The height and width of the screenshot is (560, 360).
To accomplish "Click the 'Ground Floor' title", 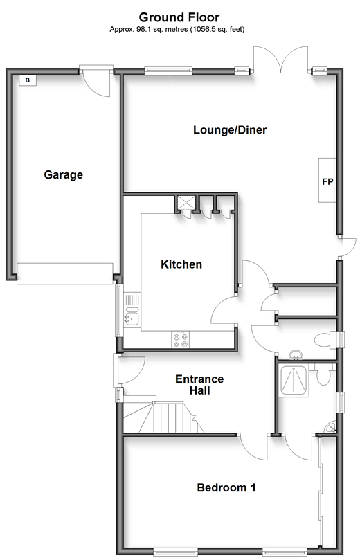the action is coord(179,17).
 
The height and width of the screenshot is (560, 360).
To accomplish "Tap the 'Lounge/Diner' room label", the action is coord(230,129).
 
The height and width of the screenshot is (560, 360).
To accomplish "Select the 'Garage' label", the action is coord(63,174).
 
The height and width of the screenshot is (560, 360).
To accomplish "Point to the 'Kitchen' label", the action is coord(181,264).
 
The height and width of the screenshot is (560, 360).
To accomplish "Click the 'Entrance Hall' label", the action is coord(199,385).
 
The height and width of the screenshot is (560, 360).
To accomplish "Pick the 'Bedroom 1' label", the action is coord(226,487).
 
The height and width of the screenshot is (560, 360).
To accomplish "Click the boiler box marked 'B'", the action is coord(28,80).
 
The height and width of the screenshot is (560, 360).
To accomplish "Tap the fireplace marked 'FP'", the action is coord(327,181).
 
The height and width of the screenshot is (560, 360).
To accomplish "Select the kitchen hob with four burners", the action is coord(181,339).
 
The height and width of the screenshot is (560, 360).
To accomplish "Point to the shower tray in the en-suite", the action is coord(294,380).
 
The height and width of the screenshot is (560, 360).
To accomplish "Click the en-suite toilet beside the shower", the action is coord(323,374).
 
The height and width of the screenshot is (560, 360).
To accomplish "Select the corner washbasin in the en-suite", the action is coord(331,427).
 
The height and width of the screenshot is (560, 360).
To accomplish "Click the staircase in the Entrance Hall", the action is coord(163,415).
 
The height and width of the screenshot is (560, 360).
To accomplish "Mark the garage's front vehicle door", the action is coord(65,274).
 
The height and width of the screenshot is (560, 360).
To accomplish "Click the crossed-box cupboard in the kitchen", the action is coord(186,203).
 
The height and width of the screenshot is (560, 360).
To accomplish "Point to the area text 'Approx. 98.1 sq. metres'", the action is coord(149,30).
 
